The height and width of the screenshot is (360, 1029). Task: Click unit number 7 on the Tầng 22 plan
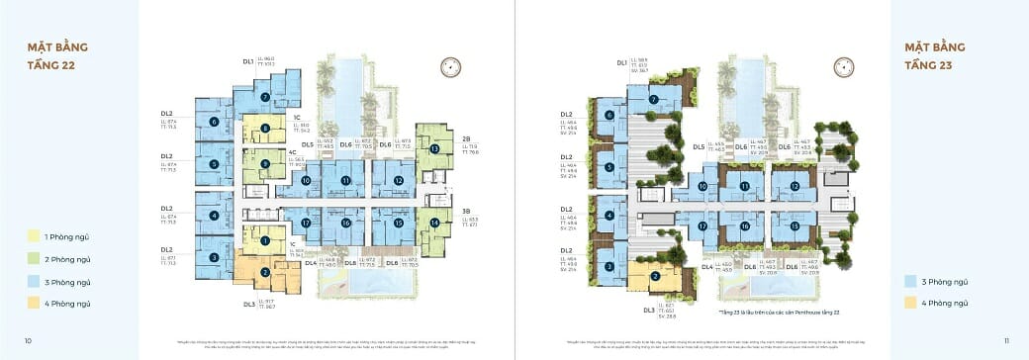point(265,97)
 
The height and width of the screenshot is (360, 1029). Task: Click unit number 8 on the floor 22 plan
point(265,128)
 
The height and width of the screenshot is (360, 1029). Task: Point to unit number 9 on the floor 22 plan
point(265,163)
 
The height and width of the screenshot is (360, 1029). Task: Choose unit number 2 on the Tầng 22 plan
point(265,272)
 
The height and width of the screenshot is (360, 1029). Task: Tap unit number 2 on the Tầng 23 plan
point(654,277)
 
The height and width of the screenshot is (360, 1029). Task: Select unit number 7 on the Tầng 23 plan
point(654,100)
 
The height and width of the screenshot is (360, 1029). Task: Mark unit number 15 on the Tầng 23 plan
point(795,225)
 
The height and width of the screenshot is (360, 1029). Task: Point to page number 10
point(28,340)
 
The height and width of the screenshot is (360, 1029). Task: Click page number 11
point(1005,340)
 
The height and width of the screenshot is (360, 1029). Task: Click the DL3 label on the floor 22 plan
point(249,304)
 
